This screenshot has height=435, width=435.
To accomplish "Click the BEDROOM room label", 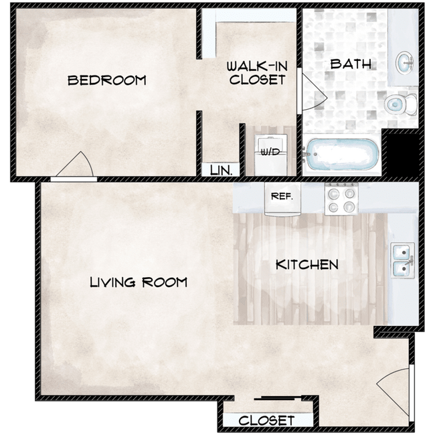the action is pos(107,80).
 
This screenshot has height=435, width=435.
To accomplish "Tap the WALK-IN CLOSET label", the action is pos(257,73).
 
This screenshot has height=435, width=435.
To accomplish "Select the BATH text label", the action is pos(351,64).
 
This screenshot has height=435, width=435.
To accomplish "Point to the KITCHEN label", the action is pos(307,264).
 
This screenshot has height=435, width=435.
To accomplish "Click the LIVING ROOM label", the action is pos(139,282).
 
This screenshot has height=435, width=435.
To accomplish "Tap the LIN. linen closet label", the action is pos(221,170).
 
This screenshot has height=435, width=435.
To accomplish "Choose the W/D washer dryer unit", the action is pos(270,155).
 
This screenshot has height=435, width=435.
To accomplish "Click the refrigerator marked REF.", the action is pos(282,199).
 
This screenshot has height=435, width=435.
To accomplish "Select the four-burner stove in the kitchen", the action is pos(341,199).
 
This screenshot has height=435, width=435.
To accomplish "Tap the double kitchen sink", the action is pos(403,260).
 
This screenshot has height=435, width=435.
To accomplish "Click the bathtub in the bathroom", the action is pos(341,154).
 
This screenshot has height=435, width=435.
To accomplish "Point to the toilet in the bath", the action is pos(401,104).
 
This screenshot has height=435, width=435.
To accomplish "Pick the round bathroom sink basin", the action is pos(404,62).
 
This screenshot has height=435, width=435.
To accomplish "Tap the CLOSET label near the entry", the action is pos(266,420).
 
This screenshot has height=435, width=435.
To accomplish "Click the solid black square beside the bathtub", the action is pos(403,155).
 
